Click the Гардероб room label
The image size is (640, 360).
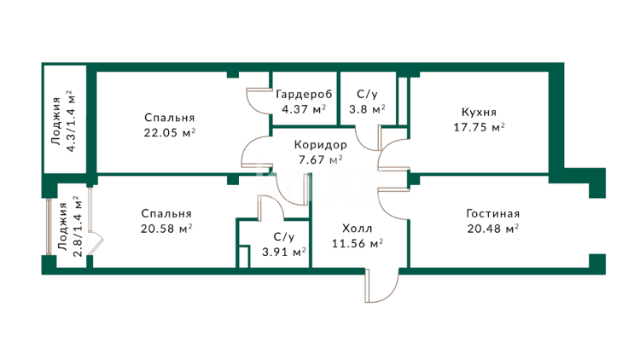click(304, 95)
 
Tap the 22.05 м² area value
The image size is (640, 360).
click(170, 132)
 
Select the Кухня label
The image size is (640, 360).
click(479, 113)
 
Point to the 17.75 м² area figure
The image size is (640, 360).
click(479, 127)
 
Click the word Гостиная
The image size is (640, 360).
click(493, 213)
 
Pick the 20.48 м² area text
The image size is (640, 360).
click(493, 229)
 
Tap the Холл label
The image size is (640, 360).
click(358, 229)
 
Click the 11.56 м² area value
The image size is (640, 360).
click(358, 244)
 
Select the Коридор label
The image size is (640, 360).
click(320, 145)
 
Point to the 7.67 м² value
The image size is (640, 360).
click(320, 160)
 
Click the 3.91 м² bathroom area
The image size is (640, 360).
click(284, 253)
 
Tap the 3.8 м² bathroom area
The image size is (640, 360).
click(367, 109)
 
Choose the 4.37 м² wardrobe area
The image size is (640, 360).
click(304, 109)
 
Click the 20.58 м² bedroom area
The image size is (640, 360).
click(166, 229)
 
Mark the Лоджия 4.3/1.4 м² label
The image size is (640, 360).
click(63, 121)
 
